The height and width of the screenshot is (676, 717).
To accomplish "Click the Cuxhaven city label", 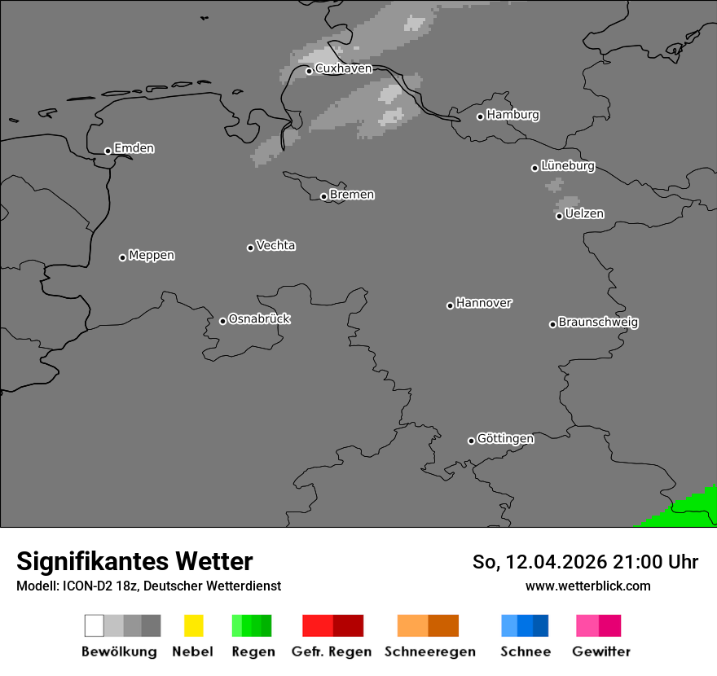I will [343, 69].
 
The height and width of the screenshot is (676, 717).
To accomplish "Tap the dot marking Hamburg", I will [481, 116].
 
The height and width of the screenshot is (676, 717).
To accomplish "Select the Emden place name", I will [134, 148].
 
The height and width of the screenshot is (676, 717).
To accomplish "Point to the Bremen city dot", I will [323, 196].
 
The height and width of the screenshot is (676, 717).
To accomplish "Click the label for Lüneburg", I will [568, 166].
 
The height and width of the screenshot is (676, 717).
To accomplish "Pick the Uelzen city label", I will [584, 213].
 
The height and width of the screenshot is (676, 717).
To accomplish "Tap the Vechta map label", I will [275, 245].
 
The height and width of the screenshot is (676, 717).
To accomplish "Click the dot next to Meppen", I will [122, 257].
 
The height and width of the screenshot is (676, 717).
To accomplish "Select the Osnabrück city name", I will [259, 319].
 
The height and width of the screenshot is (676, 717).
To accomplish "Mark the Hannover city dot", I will [450, 305].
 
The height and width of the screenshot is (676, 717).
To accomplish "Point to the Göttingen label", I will [505, 439].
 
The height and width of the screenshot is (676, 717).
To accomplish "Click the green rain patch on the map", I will [684, 509].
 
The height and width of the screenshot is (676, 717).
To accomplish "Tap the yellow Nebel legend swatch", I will [193, 626].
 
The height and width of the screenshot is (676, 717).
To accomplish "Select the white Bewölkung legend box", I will [95, 626].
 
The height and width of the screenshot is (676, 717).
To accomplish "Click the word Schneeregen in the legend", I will [430, 652].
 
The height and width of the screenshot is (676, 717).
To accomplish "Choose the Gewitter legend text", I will [601, 652].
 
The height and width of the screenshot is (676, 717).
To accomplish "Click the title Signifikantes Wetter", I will [134, 562].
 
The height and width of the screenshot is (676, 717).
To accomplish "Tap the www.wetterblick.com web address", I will [587, 586].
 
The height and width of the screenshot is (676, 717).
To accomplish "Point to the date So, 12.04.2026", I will [540, 562].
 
